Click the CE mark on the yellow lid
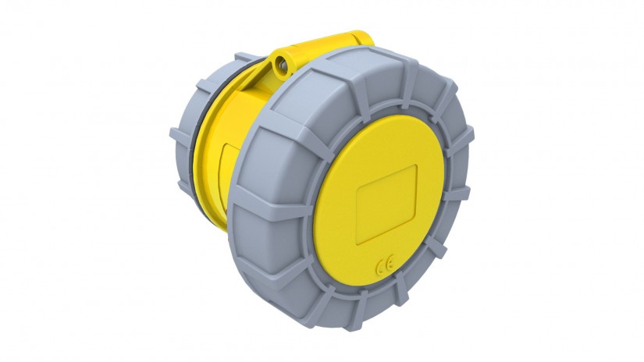(386, 263)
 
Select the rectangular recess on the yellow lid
(386, 204)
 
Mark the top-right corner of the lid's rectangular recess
(416, 166)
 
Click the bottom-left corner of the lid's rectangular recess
(357, 243)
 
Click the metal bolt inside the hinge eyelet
(282, 65)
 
